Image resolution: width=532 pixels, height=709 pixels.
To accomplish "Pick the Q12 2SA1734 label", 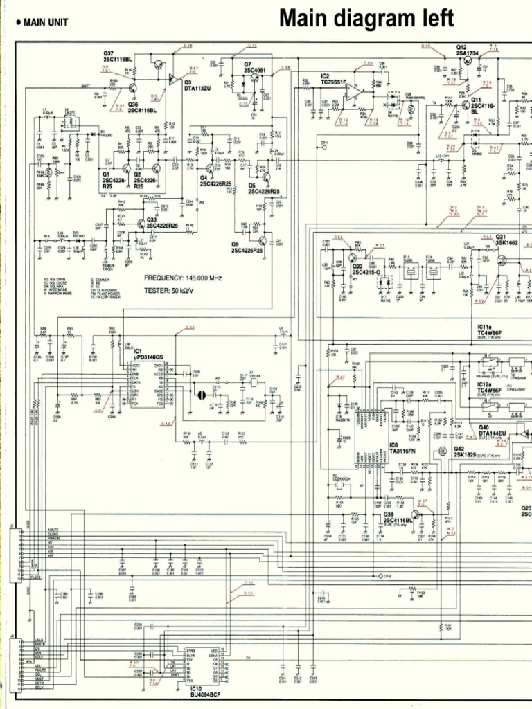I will (468, 51).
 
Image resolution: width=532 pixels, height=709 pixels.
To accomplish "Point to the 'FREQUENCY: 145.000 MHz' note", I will (182, 278).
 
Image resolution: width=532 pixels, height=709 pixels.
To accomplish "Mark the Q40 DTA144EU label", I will (492, 431).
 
